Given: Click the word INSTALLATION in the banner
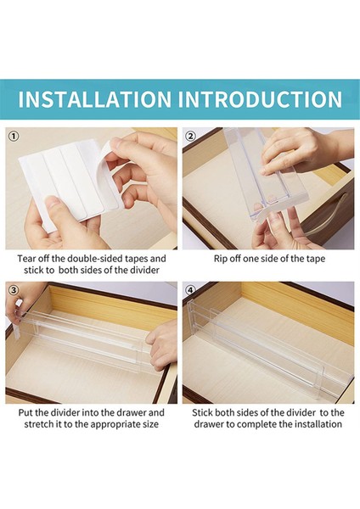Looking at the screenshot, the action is click(x=94, y=99).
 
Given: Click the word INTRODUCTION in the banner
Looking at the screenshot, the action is click(x=261, y=99).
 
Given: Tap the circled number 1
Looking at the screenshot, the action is click(x=13, y=136).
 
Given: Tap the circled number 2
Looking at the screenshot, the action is click(x=190, y=136).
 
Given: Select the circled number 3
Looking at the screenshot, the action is click(x=13, y=289).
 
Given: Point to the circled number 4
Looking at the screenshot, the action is click(x=190, y=289).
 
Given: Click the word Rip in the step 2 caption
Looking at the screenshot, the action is click(x=220, y=259).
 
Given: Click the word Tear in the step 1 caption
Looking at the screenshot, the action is click(x=26, y=259).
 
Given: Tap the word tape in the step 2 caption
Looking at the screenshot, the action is click(x=316, y=259).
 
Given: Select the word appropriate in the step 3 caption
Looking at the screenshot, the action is click(x=115, y=424).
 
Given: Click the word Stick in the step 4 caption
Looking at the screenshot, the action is click(x=202, y=412).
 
